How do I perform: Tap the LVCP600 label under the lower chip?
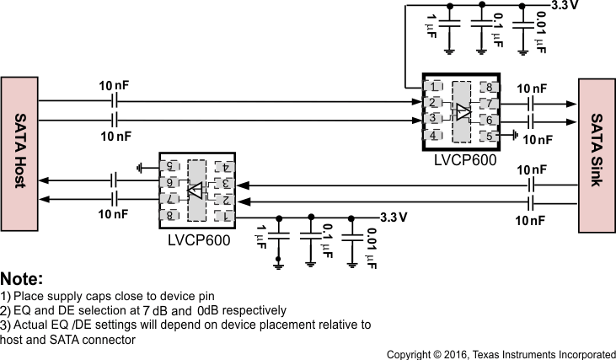(x=198, y=240)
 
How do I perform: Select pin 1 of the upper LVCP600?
(x=432, y=86)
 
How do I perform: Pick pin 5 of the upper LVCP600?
(x=486, y=135)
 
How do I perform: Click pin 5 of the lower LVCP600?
(x=170, y=167)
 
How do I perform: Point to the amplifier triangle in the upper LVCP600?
(x=462, y=111)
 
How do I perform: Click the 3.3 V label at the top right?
(x=565, y=5)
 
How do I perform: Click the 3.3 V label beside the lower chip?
(x=394, y=217)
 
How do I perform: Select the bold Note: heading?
(x=22, y=279)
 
